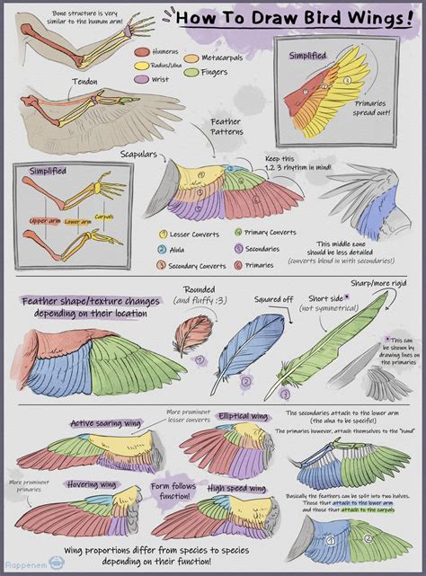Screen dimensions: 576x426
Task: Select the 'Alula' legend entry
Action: pyautogui.click(x=181, y=249)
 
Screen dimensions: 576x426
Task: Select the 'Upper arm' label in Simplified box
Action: pyautogui.click(x=44, y=220)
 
